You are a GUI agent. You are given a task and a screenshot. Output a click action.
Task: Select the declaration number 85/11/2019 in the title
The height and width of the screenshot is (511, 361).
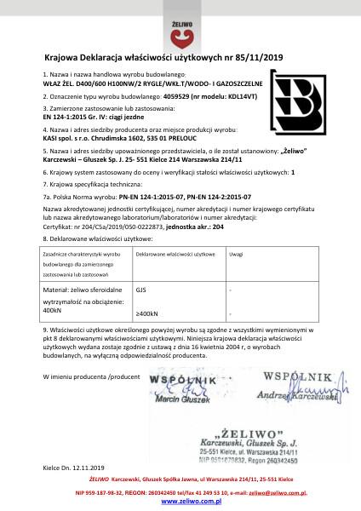click(261, 58)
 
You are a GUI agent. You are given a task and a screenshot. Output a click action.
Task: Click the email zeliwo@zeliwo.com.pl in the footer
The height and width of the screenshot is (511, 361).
click(272, 492)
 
